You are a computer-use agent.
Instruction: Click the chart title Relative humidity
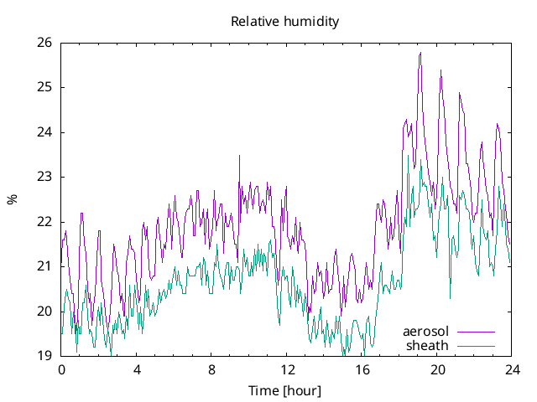pos(285,22)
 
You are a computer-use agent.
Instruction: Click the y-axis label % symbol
pos(12,199)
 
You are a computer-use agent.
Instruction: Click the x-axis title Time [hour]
pos(285,390)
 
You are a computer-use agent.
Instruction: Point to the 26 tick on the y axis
pos(45,43)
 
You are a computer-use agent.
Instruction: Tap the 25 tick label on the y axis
pos(45,87)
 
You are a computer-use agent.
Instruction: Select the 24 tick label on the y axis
pos(45,132)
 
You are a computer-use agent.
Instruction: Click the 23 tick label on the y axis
pos(45,177)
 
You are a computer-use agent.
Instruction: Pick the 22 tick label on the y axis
pos(45,222)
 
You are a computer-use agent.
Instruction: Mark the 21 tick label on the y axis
pos(45,266)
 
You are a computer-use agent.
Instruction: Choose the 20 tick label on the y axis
pos(45,312)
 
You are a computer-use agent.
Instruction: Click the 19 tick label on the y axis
pos(45,356)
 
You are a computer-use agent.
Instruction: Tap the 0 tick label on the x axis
pos(61,369)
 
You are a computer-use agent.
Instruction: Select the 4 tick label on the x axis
pos(137,369)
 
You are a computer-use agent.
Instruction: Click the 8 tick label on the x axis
pos(211,369)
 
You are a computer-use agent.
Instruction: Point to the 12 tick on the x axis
pos(287,369)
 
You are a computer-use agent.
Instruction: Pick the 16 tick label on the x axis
pos(362,369)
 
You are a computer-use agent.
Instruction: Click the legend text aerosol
pos(426,332)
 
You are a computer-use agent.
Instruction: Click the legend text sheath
pos(428,345)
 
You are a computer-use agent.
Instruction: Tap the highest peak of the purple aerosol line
pos(420,53)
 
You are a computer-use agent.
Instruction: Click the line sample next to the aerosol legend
pos(475,332)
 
